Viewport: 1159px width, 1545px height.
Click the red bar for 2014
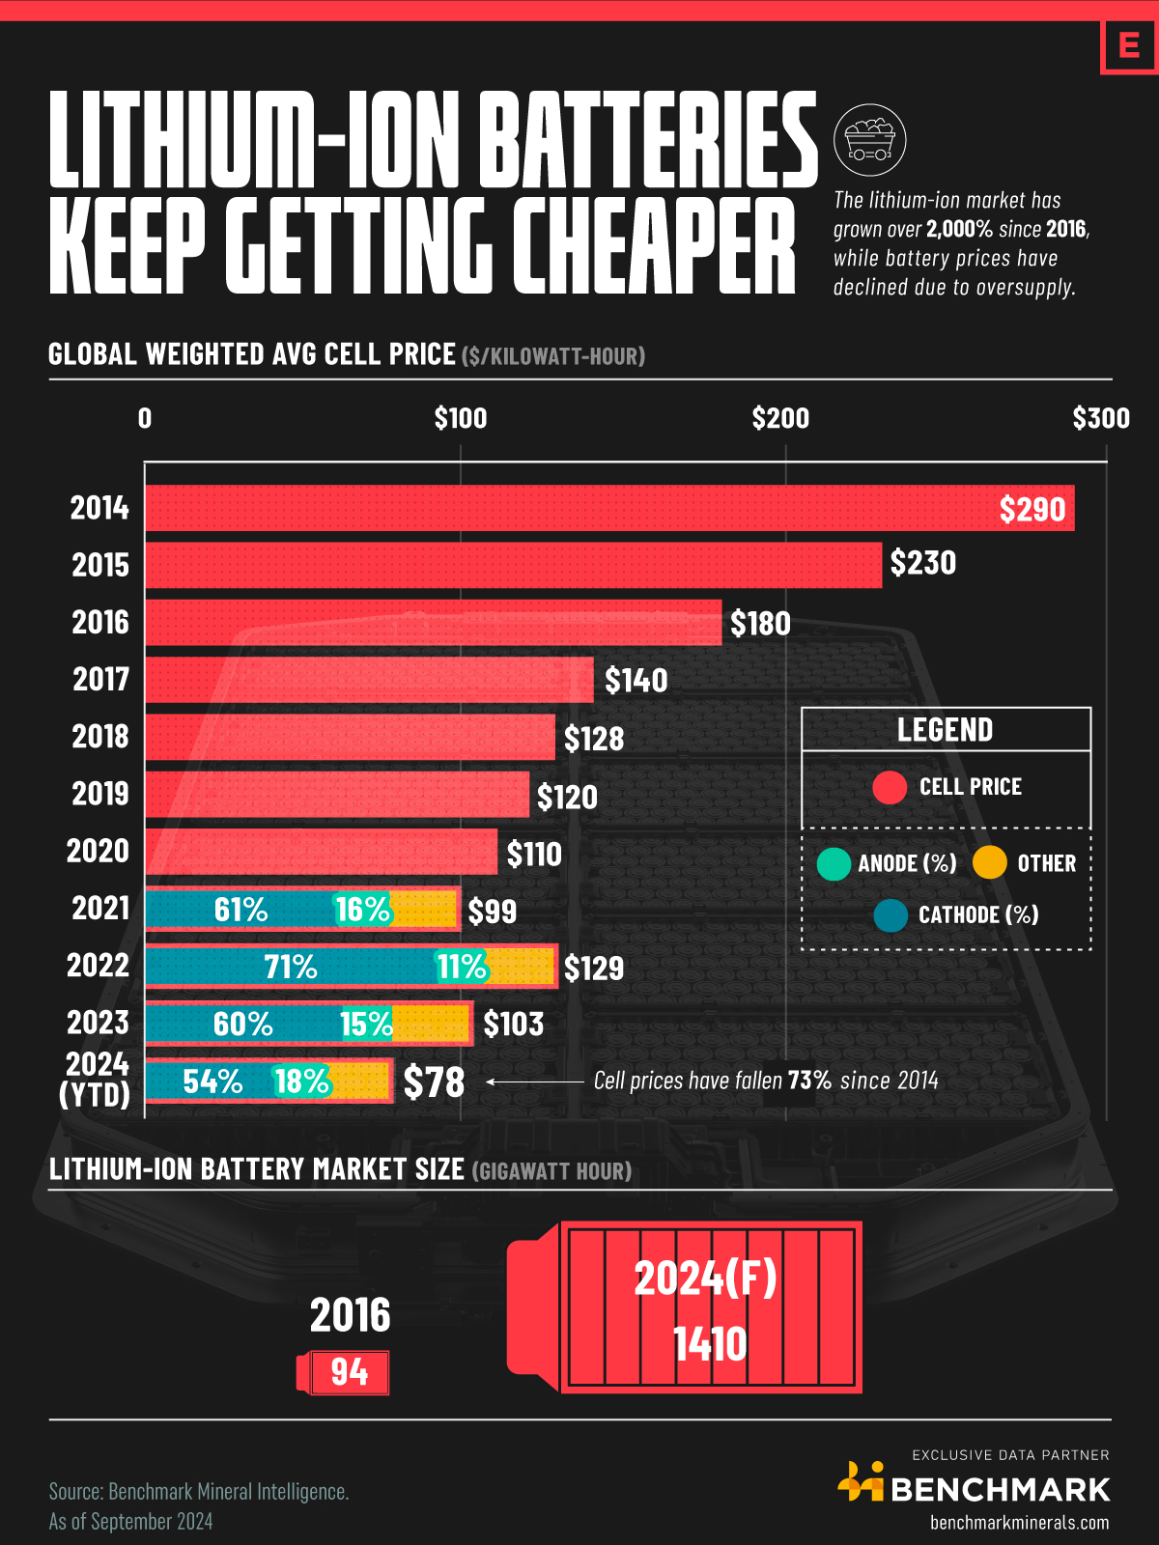(x=579, y=508)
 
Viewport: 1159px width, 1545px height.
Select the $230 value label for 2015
(x=922, y=563)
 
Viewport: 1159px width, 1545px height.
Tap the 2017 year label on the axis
(x=100, y=679)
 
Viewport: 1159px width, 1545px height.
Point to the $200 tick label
(x=780, y=418)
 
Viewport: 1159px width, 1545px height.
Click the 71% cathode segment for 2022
(x=290, y=967)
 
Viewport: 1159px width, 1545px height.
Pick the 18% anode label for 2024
(x=301, y=1081)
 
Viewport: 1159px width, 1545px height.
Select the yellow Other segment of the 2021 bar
(x=425, y=910)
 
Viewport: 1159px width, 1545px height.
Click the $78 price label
(x=434, y=1082)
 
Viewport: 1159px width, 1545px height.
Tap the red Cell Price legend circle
(x=890, y=787)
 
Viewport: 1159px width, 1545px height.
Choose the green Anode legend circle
(x=833, y=863)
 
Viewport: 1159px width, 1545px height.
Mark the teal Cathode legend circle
(x=890, y=915)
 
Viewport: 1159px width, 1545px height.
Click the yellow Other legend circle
(x=990, y=862)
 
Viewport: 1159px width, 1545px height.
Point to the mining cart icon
(x=869, y=140)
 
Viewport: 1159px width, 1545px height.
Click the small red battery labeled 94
(x=344, y=1372)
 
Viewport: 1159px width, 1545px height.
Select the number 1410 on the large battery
(x=710, y=1344)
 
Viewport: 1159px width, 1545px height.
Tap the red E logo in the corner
(x=1128, y=45)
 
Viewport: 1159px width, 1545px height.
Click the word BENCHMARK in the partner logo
(x=1000, y=1490)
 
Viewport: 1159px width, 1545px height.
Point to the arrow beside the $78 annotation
(x=535, y=1081)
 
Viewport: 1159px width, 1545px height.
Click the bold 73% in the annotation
(x=809, y=1081)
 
